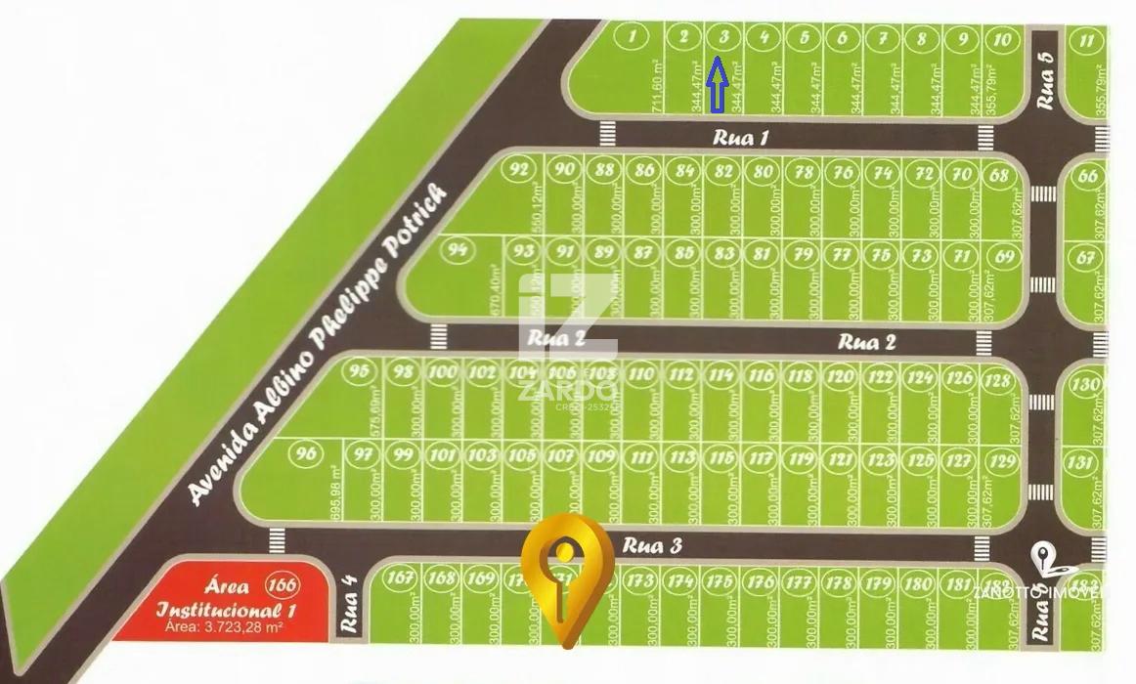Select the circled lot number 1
635,39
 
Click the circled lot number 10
1001,40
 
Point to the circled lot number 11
1086,41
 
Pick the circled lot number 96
307,453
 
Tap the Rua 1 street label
740,138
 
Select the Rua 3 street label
651,546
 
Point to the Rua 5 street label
1046,81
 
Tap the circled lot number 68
999,176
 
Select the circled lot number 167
400,577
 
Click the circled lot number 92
520,169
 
